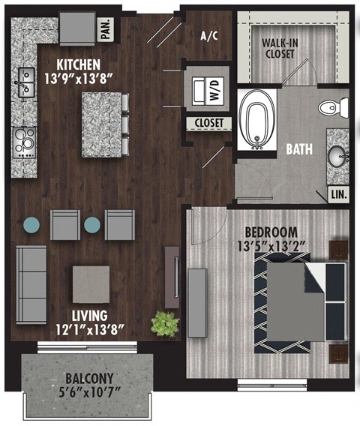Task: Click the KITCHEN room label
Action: [79, 64]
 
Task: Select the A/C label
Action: [209, 35]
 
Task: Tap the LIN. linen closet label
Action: [337, 194]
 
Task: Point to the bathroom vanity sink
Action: [337, 157]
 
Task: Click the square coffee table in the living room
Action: [91, 284]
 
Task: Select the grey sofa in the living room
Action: [31, 283]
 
